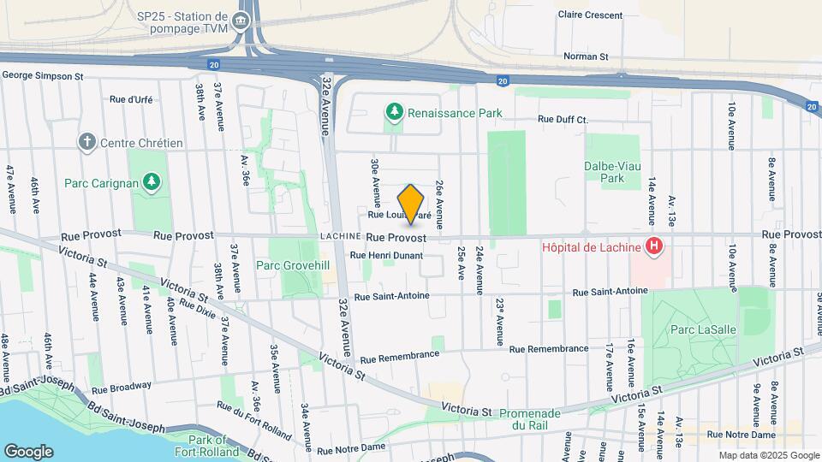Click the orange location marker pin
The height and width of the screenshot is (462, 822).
(411, 204)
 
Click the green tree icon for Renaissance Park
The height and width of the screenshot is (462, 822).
(394, 112)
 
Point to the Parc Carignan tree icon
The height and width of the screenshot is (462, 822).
(151, 181)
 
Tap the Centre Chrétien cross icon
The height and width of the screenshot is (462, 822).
(86, 142)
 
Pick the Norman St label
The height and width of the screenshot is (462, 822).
(586, 57)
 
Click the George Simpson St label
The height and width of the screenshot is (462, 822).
(42, 76)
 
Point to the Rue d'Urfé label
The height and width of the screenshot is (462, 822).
(131, 99)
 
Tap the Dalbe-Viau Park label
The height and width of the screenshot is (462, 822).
(611, 172)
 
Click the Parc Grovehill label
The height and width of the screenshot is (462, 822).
(293, 265)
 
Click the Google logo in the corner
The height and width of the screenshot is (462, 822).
(28, 451)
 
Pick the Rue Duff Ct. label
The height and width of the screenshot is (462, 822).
(563, 120)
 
